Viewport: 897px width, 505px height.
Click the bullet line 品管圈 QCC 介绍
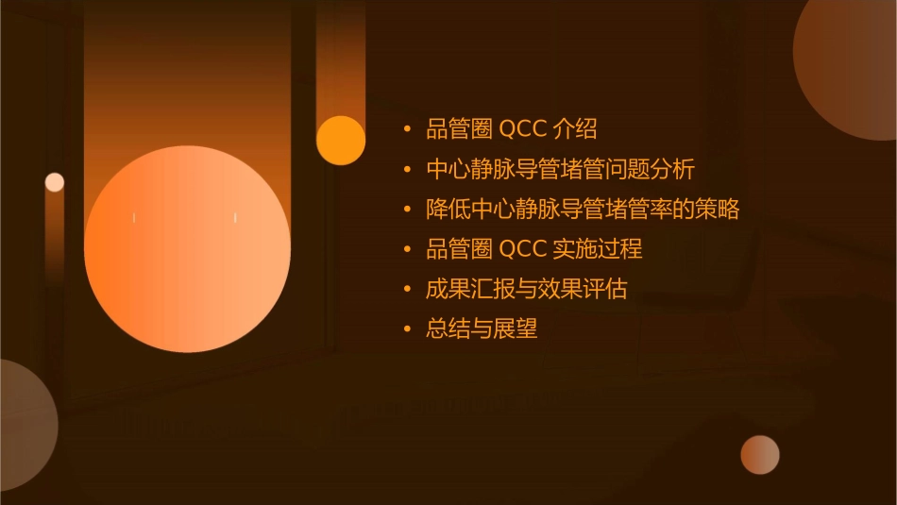coord(511,129)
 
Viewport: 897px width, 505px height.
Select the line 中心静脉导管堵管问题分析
coord(560,170)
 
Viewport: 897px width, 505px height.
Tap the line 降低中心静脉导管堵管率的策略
coord(582,210)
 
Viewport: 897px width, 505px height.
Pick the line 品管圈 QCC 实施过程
coord(533,249)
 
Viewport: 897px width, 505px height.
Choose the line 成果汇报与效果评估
coord(526,289)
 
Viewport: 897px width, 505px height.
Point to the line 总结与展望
coord(482,329)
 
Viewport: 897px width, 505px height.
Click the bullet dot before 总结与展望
coord(407,329)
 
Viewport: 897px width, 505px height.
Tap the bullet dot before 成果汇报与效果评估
coord(407,289)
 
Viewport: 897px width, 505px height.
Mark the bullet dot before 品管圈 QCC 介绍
coord(407,129)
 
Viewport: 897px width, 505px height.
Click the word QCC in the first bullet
coord(522,129)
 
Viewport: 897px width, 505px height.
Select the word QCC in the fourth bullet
coord(522,249)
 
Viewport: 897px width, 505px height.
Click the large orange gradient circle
coord(187,249)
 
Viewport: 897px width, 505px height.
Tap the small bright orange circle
coord(341,140)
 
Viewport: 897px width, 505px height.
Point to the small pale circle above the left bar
coord(55,182)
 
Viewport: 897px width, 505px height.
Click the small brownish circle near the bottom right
coord(760,455)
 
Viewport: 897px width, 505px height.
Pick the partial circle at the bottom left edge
coord(24,425)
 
